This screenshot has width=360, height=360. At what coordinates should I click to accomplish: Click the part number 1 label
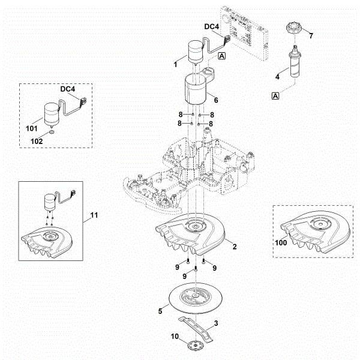tap(175, 63)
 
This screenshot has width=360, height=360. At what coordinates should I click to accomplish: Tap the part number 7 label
tap(311, 37)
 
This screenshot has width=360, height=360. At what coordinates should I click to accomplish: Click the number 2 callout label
tap(235, 246)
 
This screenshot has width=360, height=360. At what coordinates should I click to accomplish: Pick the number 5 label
tap(160, 311)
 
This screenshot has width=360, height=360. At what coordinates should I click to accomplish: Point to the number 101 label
tap(32, 129)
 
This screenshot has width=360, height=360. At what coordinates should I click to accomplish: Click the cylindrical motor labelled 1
tap(194, 53)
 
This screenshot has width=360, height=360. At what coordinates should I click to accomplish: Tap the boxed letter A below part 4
tap(276, 96)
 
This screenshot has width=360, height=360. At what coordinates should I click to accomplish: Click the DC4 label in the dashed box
tap(68, 89)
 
